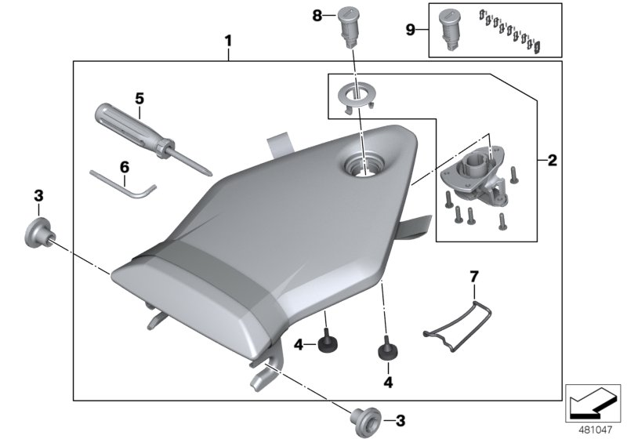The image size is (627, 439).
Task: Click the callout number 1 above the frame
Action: [x=228, y=38]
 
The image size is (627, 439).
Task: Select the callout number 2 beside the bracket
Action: [x=552, y=161]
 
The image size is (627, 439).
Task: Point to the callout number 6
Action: [x=124, y=166]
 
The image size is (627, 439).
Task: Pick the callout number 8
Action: [x=317, y=15]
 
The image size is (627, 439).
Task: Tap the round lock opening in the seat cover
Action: [x=363, y=166]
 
